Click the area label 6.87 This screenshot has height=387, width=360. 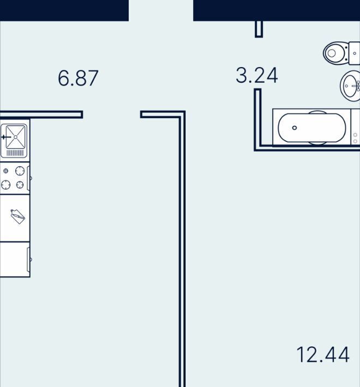78,78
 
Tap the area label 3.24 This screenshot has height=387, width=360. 257,75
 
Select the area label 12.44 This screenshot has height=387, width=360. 323,355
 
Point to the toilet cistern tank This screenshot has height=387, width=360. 355,53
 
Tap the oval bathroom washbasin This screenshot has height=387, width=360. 350,86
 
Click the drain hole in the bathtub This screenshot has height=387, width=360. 295,128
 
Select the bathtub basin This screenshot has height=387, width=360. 312,128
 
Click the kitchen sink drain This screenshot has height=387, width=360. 16,137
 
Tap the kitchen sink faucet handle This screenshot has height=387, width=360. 6,137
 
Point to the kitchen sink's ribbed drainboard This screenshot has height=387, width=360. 15,153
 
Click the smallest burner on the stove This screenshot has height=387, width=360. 5,171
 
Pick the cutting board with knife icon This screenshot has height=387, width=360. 18,216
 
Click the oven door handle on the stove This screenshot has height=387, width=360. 29,178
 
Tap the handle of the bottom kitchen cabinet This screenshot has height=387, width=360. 29,259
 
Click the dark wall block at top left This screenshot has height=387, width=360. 64,10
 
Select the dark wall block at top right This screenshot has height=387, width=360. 277,10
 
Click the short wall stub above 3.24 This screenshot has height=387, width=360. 259,29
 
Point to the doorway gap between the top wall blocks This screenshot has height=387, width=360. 161,10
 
